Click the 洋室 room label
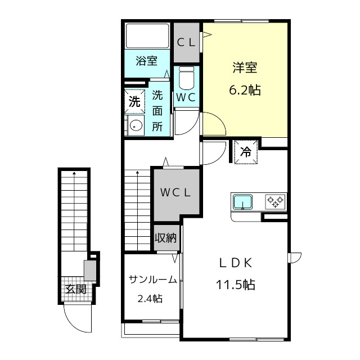245,67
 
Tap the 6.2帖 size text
245,90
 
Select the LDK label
236,263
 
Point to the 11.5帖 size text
236,285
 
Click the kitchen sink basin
242,202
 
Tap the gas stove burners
275,201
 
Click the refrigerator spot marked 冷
245,152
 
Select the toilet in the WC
186,78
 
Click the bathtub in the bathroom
147,35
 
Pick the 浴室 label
147,61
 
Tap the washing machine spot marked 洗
134,101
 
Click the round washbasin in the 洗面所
136,125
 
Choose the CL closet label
186,43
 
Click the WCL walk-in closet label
175,192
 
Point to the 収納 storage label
166,238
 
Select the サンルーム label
152,280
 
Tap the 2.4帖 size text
150,299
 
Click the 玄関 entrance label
76,289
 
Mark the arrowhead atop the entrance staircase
74,173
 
